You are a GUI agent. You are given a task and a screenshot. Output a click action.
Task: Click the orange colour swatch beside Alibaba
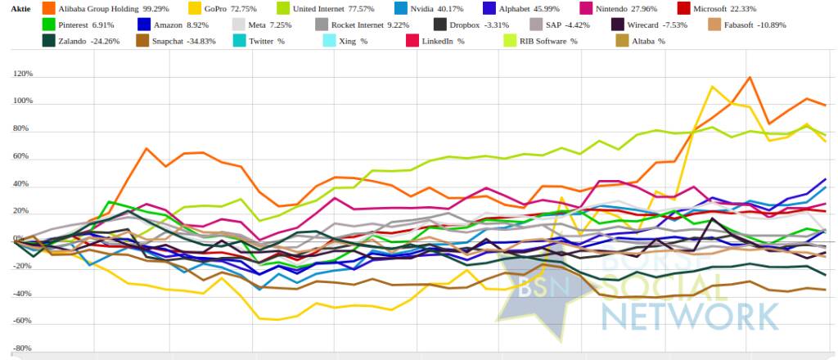[x=47, y=9]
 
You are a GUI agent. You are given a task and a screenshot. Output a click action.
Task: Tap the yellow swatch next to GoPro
[x=193, y=9]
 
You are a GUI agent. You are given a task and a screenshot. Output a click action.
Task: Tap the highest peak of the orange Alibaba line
[x=750, y=78]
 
